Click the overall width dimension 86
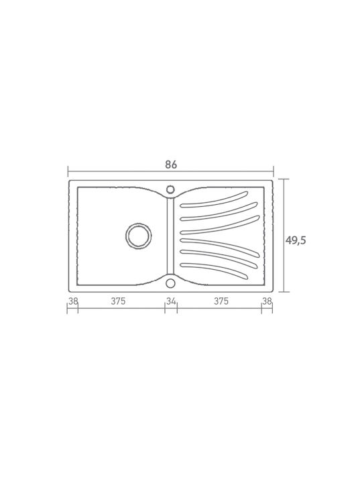(171, 165)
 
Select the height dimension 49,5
(296, 240)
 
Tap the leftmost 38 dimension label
(73, 301)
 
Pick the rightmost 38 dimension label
(267, 301)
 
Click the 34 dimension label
(171, 301)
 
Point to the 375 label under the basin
(118, 301)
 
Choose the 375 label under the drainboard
(221, 301)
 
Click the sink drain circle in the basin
(139, 236)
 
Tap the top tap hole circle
(170, 189)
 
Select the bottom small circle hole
(170, 283)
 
